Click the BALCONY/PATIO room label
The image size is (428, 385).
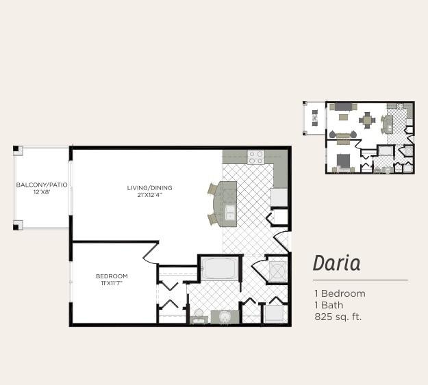42,185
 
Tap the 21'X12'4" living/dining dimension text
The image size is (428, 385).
150,195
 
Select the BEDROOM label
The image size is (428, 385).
112,276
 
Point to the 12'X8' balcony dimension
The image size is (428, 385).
42,192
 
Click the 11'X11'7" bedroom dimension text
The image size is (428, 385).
112,283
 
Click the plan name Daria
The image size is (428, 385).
336,263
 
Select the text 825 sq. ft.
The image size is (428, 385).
338,317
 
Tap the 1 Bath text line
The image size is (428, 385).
329,305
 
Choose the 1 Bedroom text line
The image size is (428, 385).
340,293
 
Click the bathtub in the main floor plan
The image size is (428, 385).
219,268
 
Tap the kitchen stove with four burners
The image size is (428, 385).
255,157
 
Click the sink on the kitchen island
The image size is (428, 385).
230,212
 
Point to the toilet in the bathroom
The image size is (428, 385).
199,316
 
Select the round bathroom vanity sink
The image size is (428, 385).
225,317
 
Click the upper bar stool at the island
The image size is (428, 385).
213,189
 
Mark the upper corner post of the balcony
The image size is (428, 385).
17,150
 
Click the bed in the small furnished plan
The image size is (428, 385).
343,161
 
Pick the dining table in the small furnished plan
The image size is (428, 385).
367,120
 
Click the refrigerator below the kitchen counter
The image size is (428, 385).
279,198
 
